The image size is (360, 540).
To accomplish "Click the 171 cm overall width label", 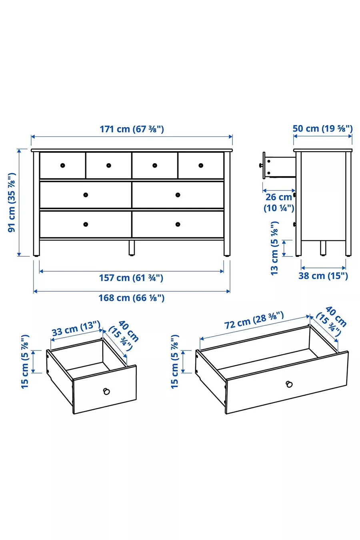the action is click(x=132, y=129).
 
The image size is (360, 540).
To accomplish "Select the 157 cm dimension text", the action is click(x=131, y=278).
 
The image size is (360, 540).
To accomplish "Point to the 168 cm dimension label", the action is click(x=132, y=298).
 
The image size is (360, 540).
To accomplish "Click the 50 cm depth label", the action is click(x=323, y=128).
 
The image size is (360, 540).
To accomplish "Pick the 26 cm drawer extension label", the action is click(x=279, y=202).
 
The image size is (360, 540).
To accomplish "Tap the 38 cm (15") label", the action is click(x=323, y=276).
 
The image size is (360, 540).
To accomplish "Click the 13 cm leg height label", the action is click(x=274, y=248).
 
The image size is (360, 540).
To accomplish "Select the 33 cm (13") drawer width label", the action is click(x=76, y=328).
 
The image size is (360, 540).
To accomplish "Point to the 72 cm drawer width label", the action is click(x=254, y=320).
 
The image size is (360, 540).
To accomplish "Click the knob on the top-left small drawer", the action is click(x=63, y=165).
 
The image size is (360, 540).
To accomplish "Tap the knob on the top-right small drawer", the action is click(x=201, y=165).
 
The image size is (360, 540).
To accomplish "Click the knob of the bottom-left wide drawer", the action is click(x=86, y=224).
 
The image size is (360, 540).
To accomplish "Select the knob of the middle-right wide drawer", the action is click(x=178, y=195).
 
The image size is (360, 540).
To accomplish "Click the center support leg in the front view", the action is click(x=132, y=248).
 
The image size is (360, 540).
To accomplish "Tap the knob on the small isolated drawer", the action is click(x=106, y=391).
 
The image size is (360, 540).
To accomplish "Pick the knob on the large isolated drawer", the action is click(x=289, y=384).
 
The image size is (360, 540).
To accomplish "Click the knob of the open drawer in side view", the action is click(x=261, y=165).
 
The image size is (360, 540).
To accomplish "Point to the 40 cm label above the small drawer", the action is click(x=124, y=335).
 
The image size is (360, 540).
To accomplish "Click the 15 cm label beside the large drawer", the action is click(x=175, y=362).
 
